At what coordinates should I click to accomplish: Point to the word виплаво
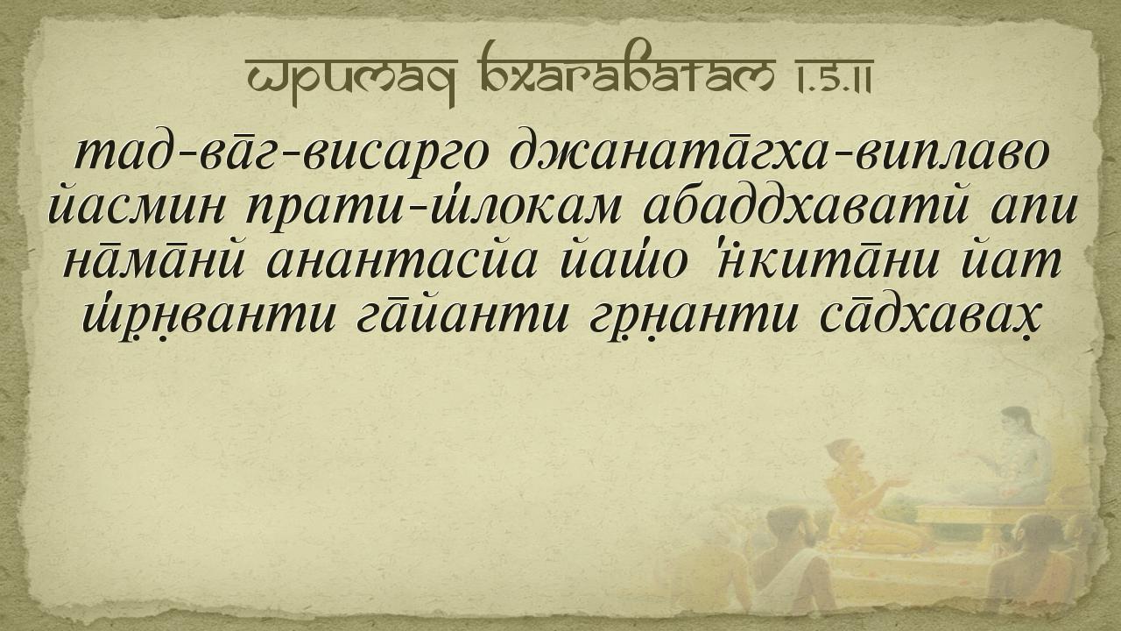point(951,156)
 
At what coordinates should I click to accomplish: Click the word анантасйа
point(401,263)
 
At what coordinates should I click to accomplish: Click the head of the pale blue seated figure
point(1016,424)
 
